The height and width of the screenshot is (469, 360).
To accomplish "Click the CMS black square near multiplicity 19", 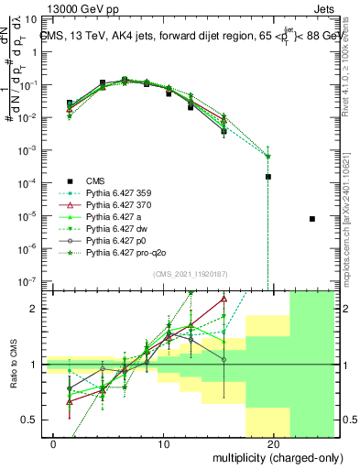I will coord(268,176).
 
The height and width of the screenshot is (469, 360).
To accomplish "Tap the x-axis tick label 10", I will coord(163,443).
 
